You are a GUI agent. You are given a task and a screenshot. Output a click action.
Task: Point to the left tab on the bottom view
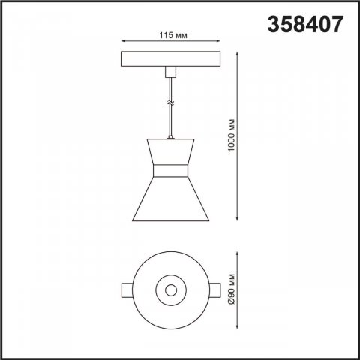pyautogui.click(x=127, y=289)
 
